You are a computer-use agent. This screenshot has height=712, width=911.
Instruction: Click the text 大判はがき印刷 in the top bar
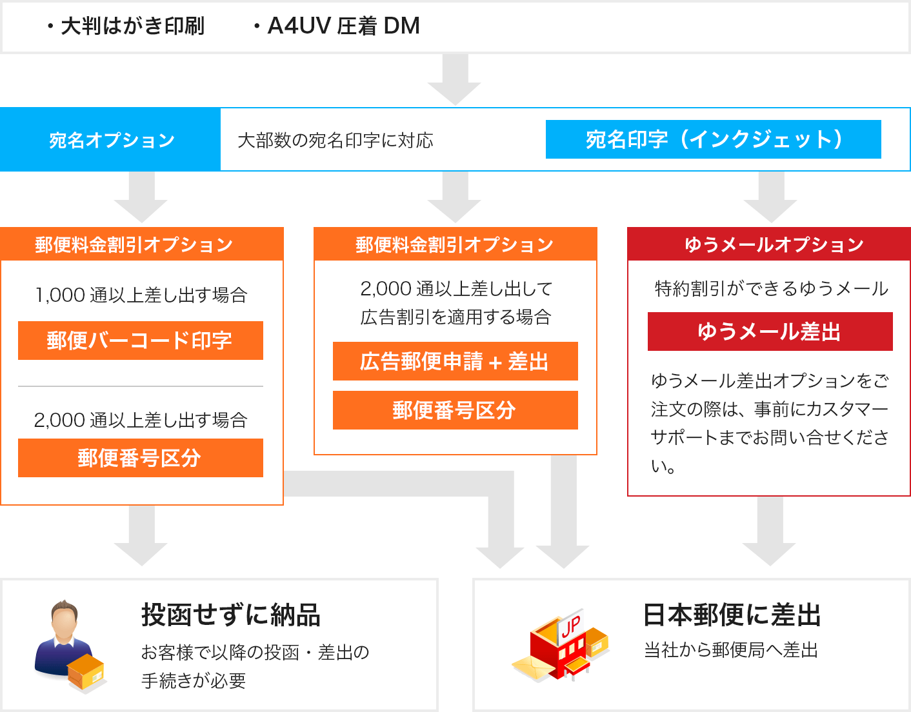tap(132, 26)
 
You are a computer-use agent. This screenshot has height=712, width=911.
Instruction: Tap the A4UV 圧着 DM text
tap(343, 26)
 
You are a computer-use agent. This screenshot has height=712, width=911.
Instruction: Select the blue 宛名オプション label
tap(112, 140)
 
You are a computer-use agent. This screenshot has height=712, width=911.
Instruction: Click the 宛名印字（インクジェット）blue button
tap(713, 139)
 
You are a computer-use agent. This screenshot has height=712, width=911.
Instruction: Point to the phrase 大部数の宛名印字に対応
tap(335, 141)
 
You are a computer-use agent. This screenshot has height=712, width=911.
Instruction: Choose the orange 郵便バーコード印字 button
tap(140, 341)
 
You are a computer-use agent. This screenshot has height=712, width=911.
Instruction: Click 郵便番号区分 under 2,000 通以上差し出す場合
tap(140, 458)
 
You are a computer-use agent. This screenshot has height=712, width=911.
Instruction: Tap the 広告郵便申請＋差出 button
tap(455, 361)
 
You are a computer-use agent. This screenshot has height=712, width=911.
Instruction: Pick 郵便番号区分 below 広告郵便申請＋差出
tap(455, 410)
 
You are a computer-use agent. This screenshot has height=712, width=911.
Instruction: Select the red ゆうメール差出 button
tap(770, 331)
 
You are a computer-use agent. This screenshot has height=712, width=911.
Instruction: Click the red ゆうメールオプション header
tap(774, 244)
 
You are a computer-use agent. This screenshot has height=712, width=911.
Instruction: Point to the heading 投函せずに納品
tap(231, 615)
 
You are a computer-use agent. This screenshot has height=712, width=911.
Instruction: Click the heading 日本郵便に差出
tap(732, 615)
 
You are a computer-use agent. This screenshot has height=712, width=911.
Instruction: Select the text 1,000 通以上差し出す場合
tap(141, 295)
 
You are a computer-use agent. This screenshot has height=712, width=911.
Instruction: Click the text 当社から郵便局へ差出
tap(731, 650)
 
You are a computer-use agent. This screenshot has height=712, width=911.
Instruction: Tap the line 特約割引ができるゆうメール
tap(772, 289)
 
